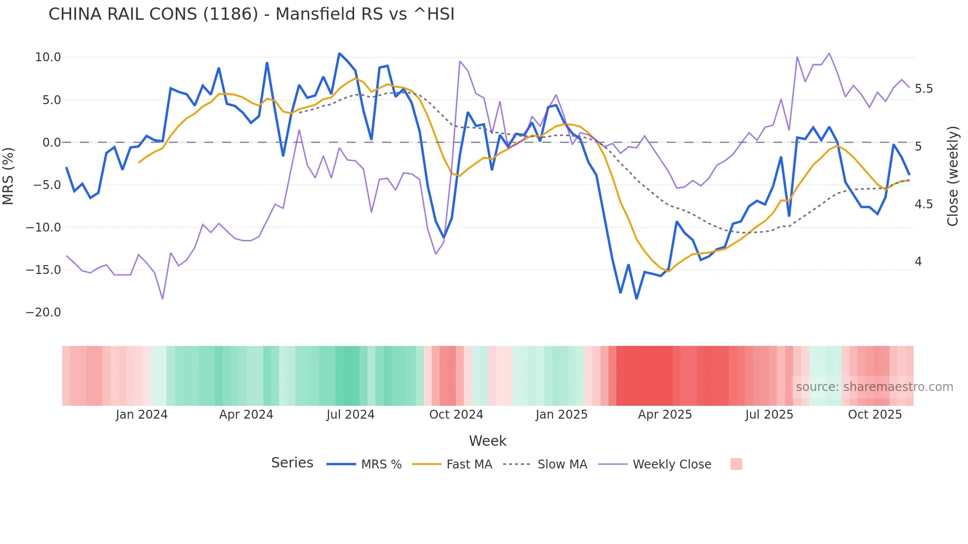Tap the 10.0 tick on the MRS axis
pyautogui.click(x=48, y=57)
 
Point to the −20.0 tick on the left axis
pyautogui.click(x=44, y=312)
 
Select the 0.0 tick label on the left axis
pyautogui.click(x=51, y=143)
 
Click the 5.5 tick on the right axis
pyautogui.click(x=924, y=89)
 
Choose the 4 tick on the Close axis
pyautogui.click(x=918, y=262)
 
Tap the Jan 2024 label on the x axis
pyautogui.click(x=142, y=415)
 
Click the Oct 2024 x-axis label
pyautogui.click(x=456, y=415)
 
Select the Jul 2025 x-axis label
pyautogui.click(x=769, y=415)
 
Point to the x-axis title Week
pyautogui.click(x=487, y=441)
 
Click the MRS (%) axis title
pyautogui.click(x=8, y=176)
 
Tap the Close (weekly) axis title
pyautogui.click(x=953, y=176)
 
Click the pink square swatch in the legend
pyautogui.click(x=736, y=464)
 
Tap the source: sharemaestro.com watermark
pyautogui.click(x=874, y=387)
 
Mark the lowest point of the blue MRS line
pyautogui.click(x=637, y=299)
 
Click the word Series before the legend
pyautogui.click(x=292, y=463)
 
